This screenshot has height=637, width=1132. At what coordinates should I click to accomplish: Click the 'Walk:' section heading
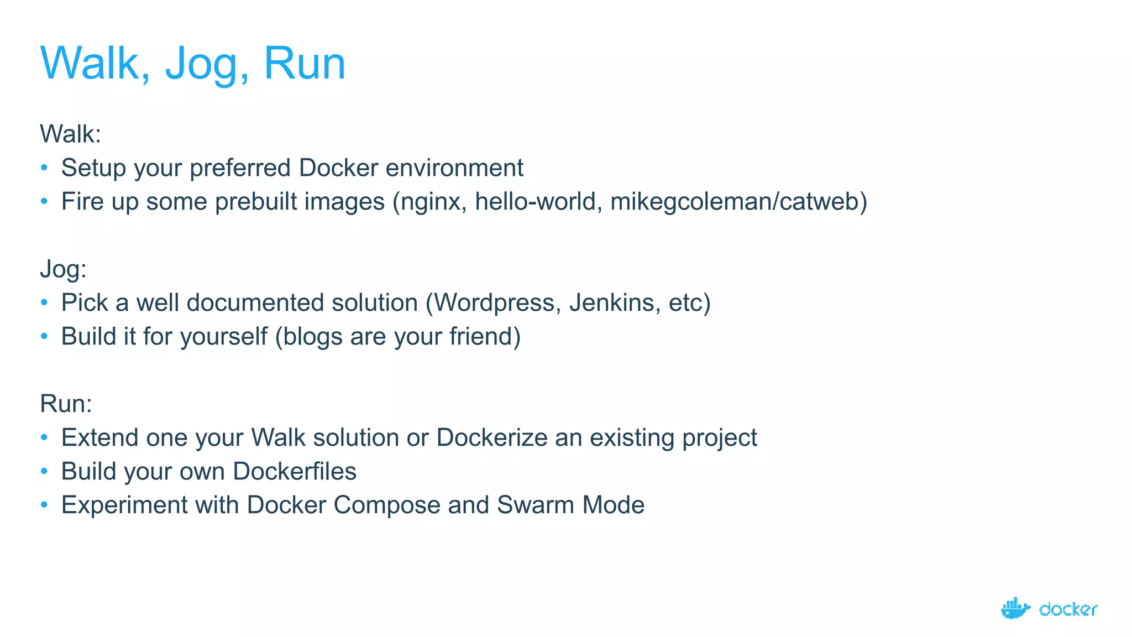coord(70,134)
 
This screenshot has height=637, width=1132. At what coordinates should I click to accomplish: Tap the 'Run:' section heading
coord(66,404)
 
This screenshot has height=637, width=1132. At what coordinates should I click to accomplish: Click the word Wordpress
coord(494,303)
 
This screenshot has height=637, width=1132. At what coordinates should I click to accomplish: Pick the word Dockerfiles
coord(294,472)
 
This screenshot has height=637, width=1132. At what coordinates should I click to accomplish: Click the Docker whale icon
coord(1015,608)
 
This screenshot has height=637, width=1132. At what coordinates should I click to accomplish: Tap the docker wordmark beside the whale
coord(1068,609)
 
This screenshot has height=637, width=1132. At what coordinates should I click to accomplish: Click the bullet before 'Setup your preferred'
coord(44,168)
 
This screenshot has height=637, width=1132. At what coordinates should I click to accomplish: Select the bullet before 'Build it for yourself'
coord(44,336)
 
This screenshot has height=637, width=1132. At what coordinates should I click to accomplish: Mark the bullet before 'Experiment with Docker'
coord(44,505)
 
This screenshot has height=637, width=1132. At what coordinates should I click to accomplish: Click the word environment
coord(454,168)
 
